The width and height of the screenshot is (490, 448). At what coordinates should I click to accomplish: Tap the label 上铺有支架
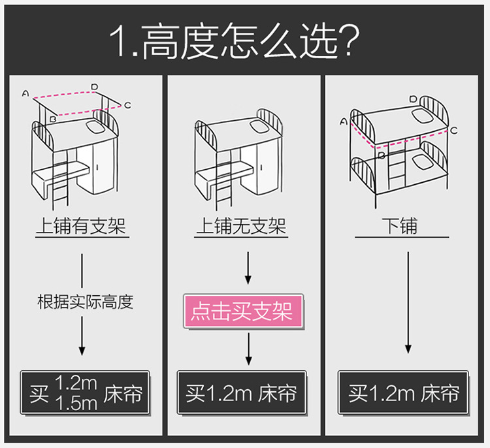81,227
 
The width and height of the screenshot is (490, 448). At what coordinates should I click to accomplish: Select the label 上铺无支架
241,227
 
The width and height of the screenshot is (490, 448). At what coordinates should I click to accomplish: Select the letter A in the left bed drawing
25,93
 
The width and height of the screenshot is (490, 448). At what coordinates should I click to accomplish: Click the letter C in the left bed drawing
127,105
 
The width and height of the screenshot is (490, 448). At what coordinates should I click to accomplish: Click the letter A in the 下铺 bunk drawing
344,121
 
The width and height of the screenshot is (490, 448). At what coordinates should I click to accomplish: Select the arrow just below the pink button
248,349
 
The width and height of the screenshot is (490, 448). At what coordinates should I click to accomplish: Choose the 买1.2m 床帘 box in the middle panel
242,393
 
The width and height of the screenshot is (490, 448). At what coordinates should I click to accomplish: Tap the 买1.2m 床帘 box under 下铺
403,393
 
